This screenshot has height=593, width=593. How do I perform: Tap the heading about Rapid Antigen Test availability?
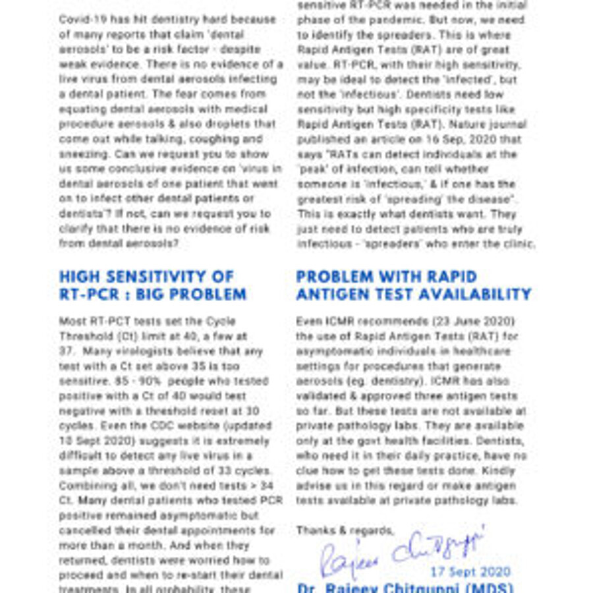tap(413, 285)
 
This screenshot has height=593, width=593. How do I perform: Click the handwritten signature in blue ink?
tap(403, 551)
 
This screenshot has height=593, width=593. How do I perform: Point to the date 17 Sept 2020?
tap(470, 572)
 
